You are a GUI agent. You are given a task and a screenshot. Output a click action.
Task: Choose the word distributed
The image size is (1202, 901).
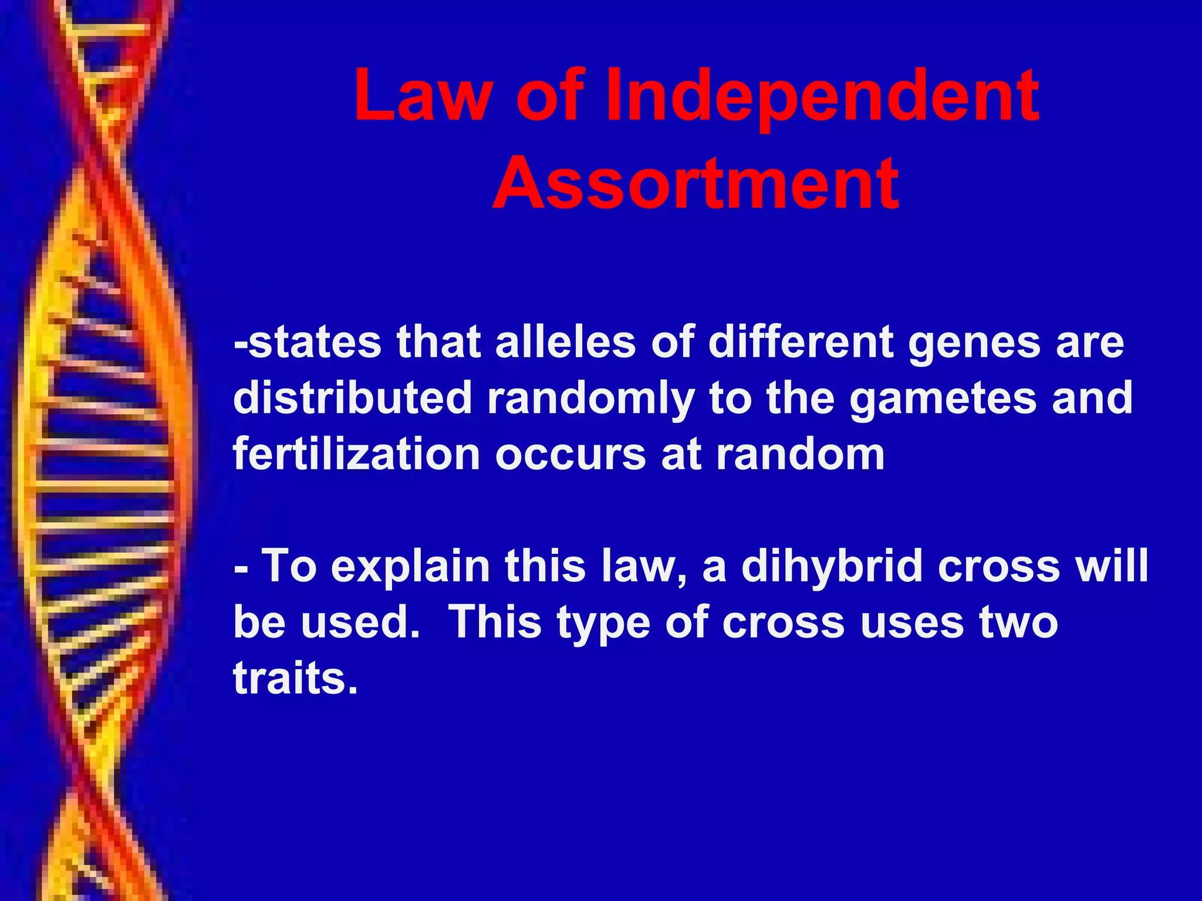pyautogui.click(x=352, y=398)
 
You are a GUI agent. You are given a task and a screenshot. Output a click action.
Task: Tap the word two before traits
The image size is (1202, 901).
pyautogui.click(x=1019, y=622)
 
